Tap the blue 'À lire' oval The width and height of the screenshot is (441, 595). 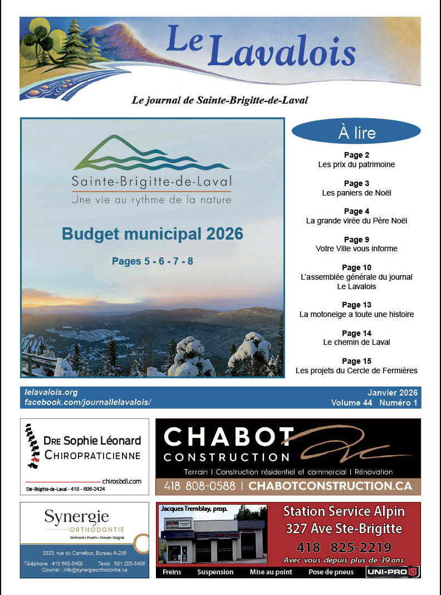tap(356, 133)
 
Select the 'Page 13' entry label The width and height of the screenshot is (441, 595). tap(356, 305)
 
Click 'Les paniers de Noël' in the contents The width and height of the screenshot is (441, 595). tap(356, 193)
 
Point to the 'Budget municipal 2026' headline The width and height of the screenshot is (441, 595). tap(153, 234)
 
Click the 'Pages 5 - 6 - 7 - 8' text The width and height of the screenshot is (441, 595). tap(153, 261)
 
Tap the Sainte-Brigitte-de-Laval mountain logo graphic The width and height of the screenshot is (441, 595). tap(151, 153)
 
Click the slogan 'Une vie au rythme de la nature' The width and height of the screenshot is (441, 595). tap(151, 199)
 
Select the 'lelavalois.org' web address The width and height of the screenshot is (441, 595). tap(51, 392)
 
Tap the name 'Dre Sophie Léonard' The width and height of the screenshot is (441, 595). tap(92, 441)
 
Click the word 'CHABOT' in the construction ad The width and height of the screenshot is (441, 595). tap(229, 437)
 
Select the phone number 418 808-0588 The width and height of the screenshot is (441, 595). tap(199, 486)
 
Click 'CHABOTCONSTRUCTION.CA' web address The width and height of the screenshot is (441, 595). tap(330, 486)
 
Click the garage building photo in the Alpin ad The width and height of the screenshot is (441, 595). tap(212, 537)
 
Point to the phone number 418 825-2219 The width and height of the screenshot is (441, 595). tap(344, 547)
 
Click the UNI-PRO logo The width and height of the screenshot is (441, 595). tap(393, 572)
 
